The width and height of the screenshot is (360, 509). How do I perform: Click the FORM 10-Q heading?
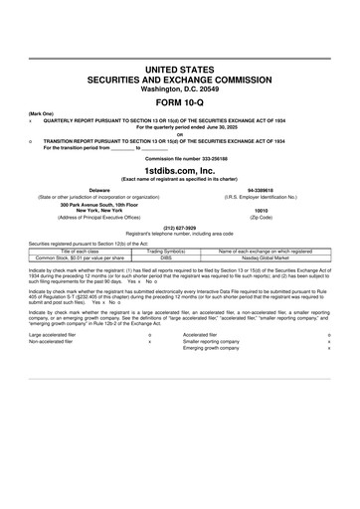[180, 102]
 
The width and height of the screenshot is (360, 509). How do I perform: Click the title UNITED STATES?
[180, 69]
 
